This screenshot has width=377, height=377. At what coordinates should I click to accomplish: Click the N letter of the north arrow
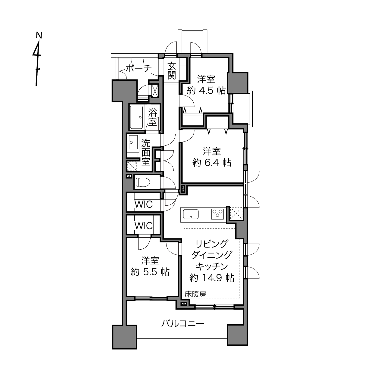click(39, 35)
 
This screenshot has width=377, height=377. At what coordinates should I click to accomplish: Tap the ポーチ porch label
click(139, 68)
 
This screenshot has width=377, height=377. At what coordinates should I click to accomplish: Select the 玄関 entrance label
click(172, 71)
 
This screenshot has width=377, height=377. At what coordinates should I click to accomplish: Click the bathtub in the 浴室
click(136, 117)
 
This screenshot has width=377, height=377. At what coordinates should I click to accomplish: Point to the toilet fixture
click(143, 182)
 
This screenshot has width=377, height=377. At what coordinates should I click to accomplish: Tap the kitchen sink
click(191, 214)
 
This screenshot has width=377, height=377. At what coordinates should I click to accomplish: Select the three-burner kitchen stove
click(217, 214)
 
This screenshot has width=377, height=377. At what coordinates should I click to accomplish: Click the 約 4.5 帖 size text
click(206, 91)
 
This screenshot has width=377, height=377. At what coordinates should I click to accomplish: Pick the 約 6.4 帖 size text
click(212, 163)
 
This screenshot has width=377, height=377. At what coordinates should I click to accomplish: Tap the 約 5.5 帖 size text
click(150, 272)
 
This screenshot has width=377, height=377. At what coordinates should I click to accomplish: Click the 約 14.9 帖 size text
click(212, 278)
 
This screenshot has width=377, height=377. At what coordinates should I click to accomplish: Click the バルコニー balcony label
click(182, 324)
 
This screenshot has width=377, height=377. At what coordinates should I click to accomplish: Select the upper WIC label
click(144, 204)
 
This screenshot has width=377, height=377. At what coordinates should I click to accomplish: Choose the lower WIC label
click(144, 226)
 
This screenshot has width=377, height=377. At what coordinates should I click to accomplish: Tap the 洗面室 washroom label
click(146, 152)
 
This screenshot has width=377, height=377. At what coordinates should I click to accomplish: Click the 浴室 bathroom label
click(152, 117)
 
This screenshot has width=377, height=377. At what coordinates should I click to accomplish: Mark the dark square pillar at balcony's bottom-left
click(124, 337)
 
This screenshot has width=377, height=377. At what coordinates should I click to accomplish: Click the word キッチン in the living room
click(212, 266)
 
